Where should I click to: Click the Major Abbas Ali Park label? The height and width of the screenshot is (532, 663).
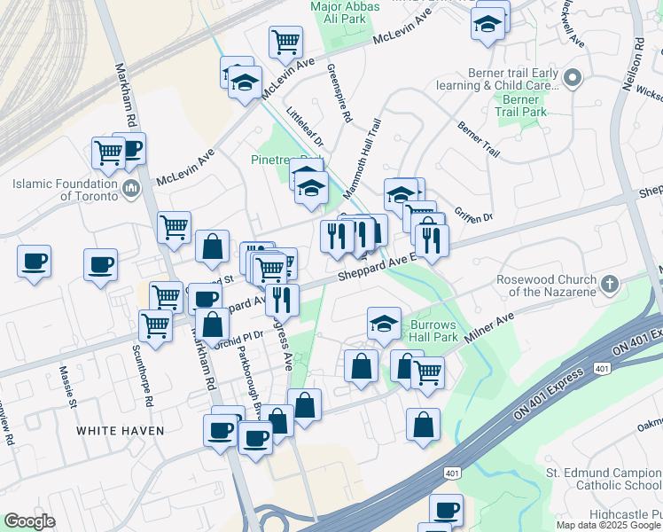345,13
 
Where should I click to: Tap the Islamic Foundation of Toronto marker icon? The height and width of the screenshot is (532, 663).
130,187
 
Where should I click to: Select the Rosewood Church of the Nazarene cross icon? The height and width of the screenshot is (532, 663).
608,285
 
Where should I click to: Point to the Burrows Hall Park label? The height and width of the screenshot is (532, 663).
433,331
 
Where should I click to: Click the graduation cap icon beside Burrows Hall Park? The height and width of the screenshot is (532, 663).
384,324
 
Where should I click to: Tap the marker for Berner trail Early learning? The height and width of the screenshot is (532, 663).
572,79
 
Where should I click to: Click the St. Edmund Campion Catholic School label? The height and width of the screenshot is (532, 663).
602,478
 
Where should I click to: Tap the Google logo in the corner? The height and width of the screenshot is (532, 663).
29,521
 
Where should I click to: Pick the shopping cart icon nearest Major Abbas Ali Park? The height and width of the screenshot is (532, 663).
286,41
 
